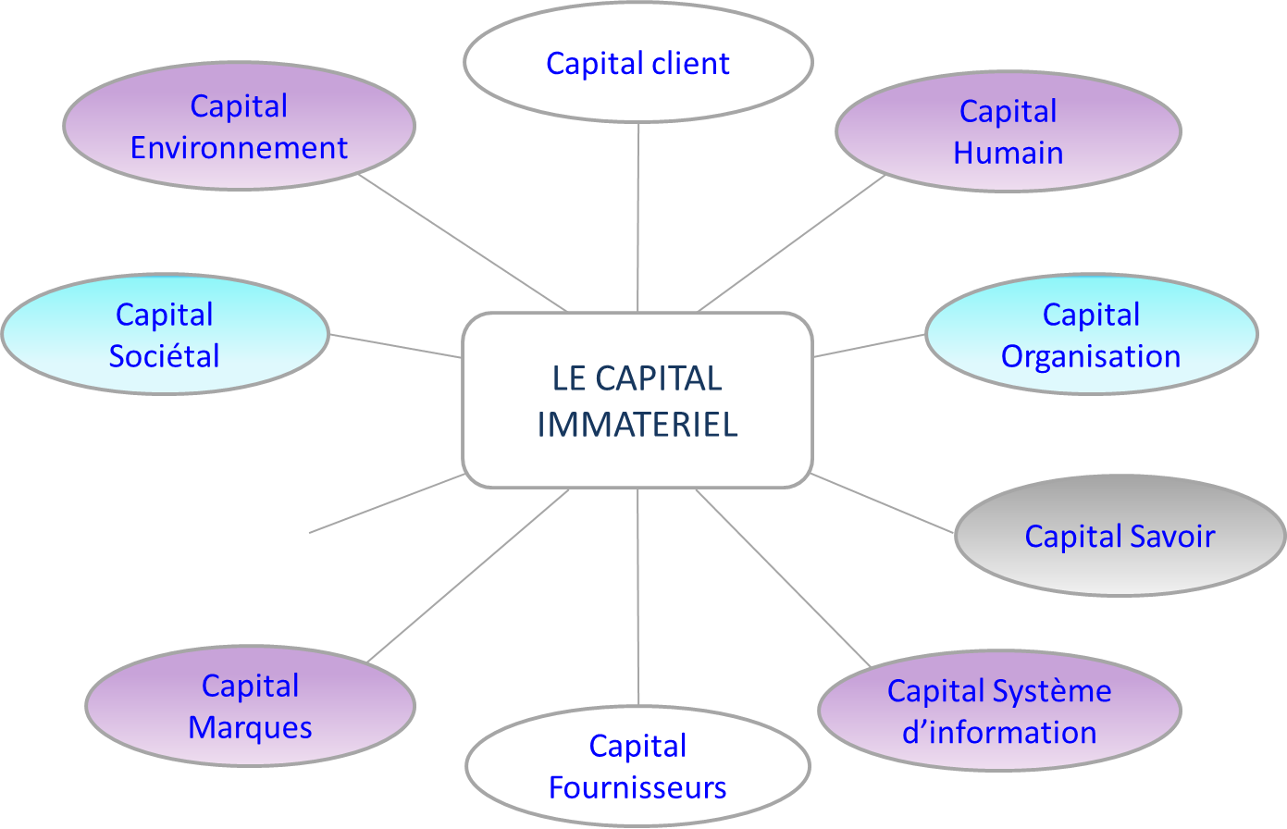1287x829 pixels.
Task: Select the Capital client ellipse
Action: pyautogui.click(x=637, y=63)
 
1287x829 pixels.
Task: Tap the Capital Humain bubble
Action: pyautogui.click(x=1008, y=131)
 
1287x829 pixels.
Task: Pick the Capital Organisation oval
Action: pyautogui.click(x=1091, y=335)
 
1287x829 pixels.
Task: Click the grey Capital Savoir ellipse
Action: pyautogui.click(x=1120, y=536)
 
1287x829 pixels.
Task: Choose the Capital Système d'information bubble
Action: pyautogui.click(x=999, y=711)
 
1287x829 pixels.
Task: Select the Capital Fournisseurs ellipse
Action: pyautogui.click(x=637, y=766)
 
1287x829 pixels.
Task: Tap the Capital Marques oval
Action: pyautogui.click(x=250, y=706)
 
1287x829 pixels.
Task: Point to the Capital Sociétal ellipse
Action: pyautogui.click(x=165, y=335)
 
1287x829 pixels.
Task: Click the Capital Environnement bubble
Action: pyautogui.click(x=239, y=127)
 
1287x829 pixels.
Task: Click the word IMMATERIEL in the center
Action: pyautogui.click(x=637, y=425)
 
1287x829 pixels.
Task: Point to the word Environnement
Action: pyautogui.click(x=239, y=148)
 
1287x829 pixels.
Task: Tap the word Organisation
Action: pyautogui.click(x=1091, y=356)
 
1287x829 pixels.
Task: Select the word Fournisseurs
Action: pyautogui.click(x=637, y=787)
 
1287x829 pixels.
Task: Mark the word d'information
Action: pyautogui.click(x=999, y=733)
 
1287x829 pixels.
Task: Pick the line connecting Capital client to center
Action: pyautogui.click(x=637, y=217)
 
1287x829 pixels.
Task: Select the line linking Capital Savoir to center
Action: pyautogui.click(x=882, y=503)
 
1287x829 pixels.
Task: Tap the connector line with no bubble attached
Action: pyautogui.click(x=387, y=503)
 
